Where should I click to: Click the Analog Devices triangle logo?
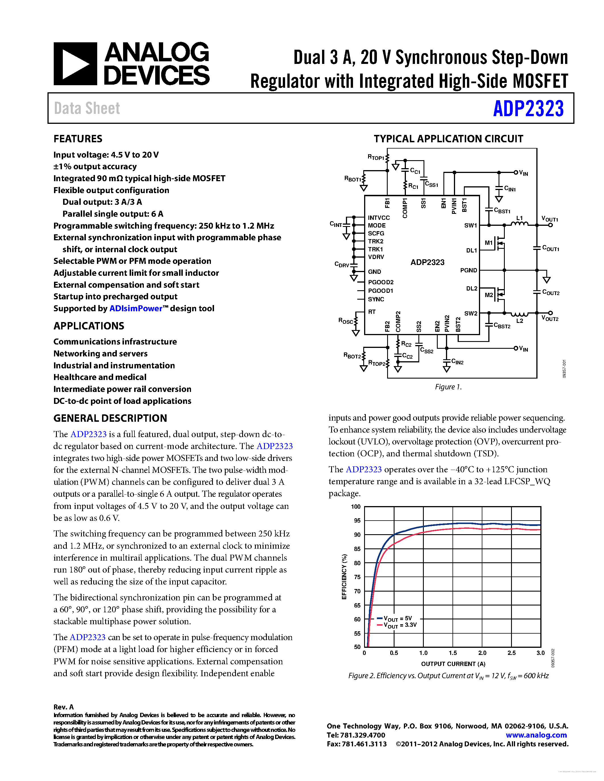tap(75, 64)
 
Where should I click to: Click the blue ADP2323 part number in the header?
tap(528, 108)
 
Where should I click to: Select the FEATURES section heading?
tap(78, 139)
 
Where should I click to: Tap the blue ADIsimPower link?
tap(136, 309)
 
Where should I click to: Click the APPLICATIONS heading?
tap(89, 326)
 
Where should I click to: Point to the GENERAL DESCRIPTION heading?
tap(110, 418)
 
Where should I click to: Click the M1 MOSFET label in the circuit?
tap(488, 243)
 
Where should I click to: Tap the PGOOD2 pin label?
tap(381, 282)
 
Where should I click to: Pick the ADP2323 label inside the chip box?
tap(427, 262)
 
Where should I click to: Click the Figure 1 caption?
tap(448, 387)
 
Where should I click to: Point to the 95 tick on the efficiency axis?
tap(357, 521)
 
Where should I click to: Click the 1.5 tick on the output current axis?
tap(453, 653)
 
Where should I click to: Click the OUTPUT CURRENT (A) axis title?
tap(453, 664)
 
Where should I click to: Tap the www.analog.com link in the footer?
tap(536, 735)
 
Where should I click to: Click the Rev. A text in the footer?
tap(63, 707)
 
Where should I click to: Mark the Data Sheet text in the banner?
tap(87, 108)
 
